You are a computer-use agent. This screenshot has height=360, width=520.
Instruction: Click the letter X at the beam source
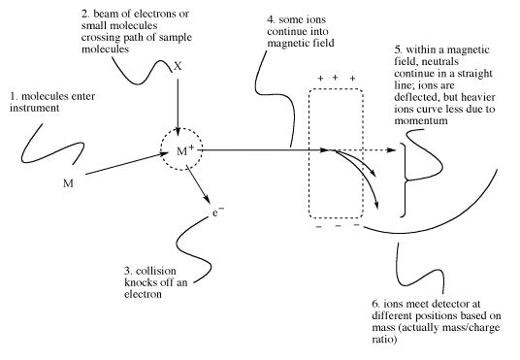coord(179,66)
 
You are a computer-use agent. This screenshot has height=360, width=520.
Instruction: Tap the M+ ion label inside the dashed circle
coord(185,151)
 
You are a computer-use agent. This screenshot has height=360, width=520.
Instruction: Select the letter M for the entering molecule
coord(68,183)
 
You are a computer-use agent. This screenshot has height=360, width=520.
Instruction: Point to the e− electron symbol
coord(218,213)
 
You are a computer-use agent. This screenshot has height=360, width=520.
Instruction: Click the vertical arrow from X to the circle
coord(178,108)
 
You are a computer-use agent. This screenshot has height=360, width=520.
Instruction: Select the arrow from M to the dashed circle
coord(127,163)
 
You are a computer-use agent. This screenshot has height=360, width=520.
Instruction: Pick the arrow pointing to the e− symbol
coord(198,184)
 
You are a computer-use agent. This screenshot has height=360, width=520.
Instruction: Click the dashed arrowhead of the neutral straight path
coord(391,150)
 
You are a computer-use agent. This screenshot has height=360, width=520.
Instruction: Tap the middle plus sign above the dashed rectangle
coord(336,78)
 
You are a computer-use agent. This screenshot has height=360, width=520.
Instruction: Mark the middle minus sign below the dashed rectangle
coord(338,226)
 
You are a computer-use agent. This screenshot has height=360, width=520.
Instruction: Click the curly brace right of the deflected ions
coord(404,180)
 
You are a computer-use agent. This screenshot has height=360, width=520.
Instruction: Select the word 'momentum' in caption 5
coord(421,120)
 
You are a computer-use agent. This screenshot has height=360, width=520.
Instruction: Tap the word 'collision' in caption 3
coord(156,271)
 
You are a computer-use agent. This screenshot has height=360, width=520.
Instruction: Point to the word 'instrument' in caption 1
coord(35,108)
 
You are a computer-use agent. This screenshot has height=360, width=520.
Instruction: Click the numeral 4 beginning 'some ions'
coord(271,20)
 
